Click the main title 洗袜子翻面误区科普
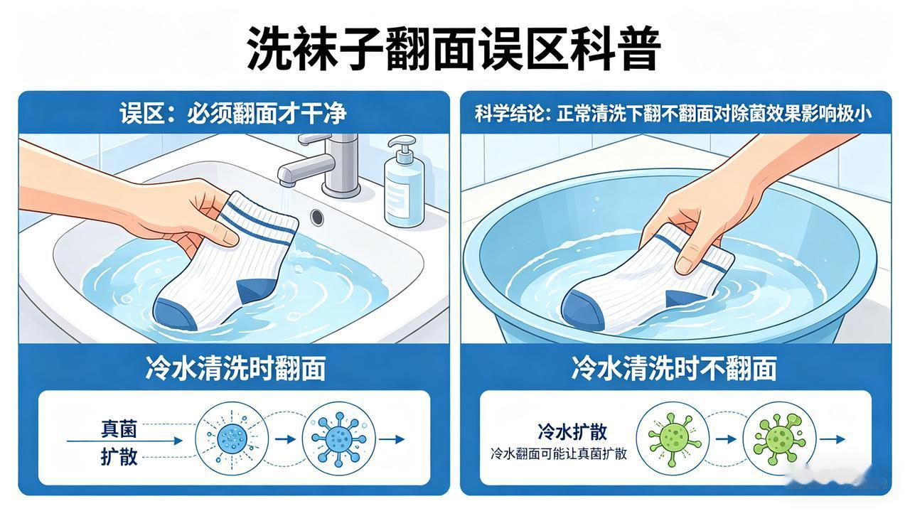(454, 48)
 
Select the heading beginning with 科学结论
(673, 113)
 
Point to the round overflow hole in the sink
(317, 215)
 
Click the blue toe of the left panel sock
(173, 313)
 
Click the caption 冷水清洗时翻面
(235, 368)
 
